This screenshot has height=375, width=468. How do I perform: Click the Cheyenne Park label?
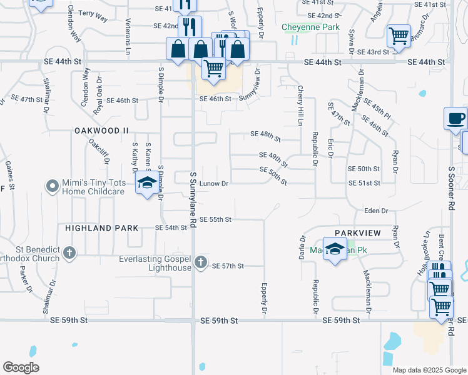[310, 27]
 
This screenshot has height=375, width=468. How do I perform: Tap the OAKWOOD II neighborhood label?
[101, 131]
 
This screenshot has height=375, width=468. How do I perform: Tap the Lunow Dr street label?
[215, 184]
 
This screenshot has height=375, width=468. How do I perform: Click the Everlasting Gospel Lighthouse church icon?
[200, 262]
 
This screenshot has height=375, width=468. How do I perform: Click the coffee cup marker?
[455, 118]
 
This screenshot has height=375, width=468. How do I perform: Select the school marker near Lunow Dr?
[147, 183]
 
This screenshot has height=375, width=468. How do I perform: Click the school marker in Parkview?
[335, 249]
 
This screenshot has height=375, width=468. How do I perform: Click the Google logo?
[21, 367]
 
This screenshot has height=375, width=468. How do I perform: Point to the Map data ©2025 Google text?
[429, 370]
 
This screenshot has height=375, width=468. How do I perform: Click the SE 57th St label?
[228, 266]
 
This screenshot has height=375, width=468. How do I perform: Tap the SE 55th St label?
[216, 219]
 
